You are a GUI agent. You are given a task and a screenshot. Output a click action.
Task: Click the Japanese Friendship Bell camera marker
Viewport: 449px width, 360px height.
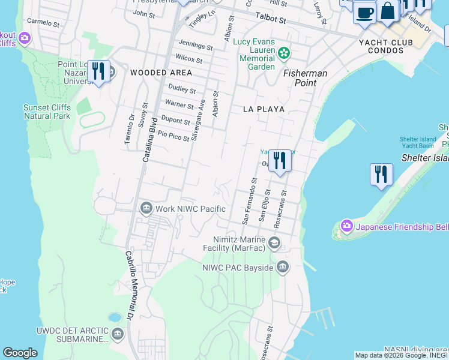click(x=346, y=226)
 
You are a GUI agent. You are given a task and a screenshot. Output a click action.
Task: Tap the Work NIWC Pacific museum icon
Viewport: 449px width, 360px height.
click(x=146, y=208)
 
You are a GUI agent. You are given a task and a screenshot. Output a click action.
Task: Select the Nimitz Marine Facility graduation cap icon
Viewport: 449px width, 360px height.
click(x=274, y=242)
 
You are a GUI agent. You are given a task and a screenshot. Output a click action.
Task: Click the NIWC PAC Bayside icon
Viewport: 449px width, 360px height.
click(x=283, y=266)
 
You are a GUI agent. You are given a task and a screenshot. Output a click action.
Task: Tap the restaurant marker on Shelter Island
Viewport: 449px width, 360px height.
click(x=381, y=174)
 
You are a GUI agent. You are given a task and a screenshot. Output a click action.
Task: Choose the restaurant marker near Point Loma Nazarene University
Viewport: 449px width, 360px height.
click(x=98, y=71)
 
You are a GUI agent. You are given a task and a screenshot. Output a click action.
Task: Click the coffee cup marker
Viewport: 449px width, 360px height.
click(x=364, y=12)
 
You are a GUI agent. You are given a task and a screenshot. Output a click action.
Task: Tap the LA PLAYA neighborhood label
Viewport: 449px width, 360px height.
click(x=264, y=109)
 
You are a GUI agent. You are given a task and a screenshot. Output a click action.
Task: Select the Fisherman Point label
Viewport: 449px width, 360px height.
click(x=306, y=77)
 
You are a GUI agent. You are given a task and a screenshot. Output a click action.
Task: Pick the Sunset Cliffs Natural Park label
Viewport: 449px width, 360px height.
click(x=47, y=112)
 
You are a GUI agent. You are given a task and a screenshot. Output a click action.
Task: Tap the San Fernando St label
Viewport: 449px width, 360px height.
click(x=249, y=200)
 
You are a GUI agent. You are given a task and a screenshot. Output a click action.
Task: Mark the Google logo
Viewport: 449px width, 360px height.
click(x=20, y=353)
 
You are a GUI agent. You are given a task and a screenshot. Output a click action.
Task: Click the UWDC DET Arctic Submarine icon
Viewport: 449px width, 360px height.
click(x=117, y=334)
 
